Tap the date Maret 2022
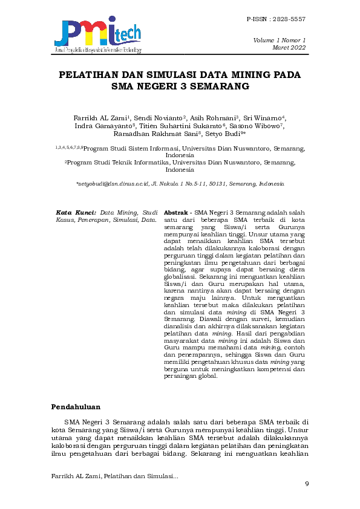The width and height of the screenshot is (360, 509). pyautogui.click(x=290, y=47)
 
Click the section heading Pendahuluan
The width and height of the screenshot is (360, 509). pyautogui.click(x=76, y=406)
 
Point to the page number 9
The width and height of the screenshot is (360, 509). pyautogui.click(x=307, y=483)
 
